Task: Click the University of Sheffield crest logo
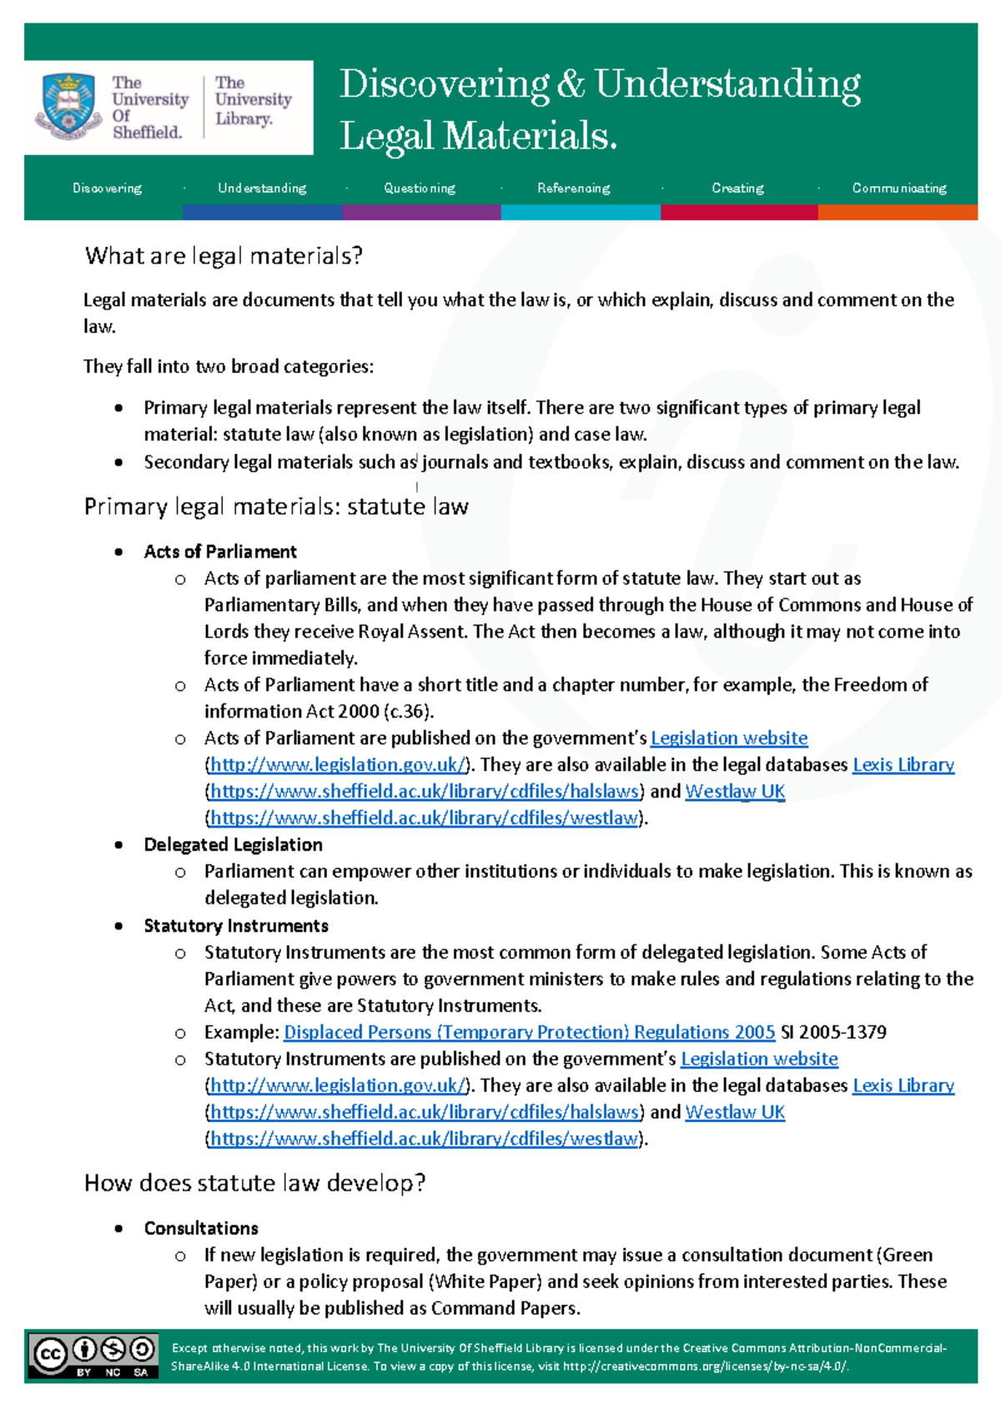[x=68, y=106]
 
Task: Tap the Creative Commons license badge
[x=93, y=1355]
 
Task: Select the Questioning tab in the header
[x=420, y=189]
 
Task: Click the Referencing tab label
[x=574, y=189]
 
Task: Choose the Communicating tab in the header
[x=899, y=189]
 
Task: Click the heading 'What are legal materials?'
[x=224, y=256]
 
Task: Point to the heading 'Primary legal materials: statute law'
[x=276, y=507]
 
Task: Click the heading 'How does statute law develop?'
[x=254, y=1183]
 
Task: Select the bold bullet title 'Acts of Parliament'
[x=220, y=551]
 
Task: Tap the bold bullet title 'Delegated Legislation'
[x=233, y=844]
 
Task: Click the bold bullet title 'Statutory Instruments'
[x=236, y=926]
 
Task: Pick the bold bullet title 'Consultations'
[x=201, y=1228]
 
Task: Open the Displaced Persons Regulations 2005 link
[x=529, y=1032]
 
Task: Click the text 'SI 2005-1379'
[x=833, y=1032]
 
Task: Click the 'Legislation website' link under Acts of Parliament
[x=729, y=738]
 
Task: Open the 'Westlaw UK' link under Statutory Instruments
[x=735, y=1112]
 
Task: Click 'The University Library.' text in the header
[x=253, y=100]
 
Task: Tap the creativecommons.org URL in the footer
[x=705, y=1367]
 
